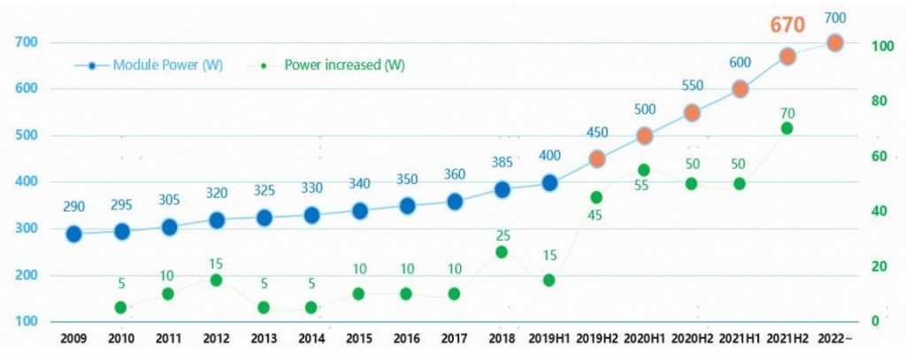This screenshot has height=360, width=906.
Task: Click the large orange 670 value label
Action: click(787, 26)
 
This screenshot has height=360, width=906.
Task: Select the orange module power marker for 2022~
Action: click(834, 42)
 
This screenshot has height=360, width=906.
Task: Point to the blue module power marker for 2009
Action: click(73, 234)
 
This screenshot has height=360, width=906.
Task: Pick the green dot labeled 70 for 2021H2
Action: click(787, 128)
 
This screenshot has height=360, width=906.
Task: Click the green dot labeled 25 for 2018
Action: click(502, 252)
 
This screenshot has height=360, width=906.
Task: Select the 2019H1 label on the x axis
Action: click(549, 339)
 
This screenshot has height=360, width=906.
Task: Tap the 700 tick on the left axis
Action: click(26, 42)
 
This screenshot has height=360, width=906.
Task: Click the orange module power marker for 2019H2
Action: click(597, 159)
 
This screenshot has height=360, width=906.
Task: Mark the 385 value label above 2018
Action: click(502, 163)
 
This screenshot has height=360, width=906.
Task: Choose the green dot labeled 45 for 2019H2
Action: click(597, 197)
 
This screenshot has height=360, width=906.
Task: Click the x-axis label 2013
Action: click(264, 339)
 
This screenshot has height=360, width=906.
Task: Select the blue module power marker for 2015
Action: click(359, 211)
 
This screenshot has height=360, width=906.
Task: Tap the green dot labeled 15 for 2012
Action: click(217, 280)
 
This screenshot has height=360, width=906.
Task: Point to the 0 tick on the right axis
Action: click(875, 321)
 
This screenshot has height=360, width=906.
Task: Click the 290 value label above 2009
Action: click(73, 206)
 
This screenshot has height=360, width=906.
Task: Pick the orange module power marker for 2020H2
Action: click(693, 112)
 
